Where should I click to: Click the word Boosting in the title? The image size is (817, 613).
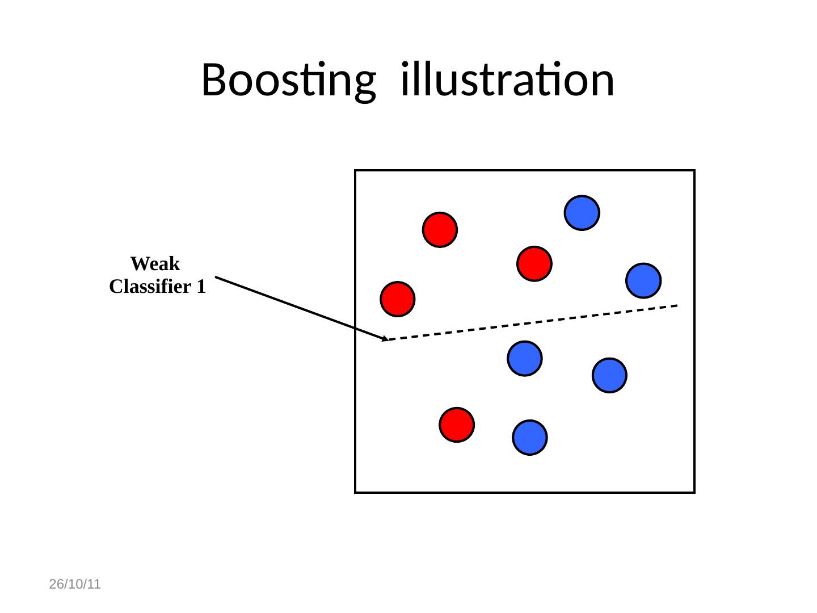tap(288, 81)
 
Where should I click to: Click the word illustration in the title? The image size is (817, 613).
tap(507, 79)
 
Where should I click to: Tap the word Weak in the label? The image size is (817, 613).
tap(155, 264)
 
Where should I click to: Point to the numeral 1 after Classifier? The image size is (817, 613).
tap(201, 287)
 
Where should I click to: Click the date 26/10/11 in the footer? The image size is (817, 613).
tap(75, 584)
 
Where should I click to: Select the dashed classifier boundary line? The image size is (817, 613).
tap(533, 322)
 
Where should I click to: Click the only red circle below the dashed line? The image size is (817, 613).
tap(457, 425)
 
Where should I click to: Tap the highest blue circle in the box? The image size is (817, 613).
tap(582, 213)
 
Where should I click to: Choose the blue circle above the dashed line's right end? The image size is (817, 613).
tap(643, 280)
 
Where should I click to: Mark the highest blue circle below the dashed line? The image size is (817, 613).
tap(525, 358)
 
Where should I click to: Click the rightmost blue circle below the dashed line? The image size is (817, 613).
tap(609, 375)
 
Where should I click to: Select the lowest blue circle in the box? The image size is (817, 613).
tap(530, 438)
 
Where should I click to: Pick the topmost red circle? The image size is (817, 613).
tap(440, 230)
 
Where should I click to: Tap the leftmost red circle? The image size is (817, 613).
tap(398, 299)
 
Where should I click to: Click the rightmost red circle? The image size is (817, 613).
tap(534, 264)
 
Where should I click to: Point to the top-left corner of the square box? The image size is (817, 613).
tap(355, 170)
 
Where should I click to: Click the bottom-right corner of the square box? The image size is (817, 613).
tap(694, 492)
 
